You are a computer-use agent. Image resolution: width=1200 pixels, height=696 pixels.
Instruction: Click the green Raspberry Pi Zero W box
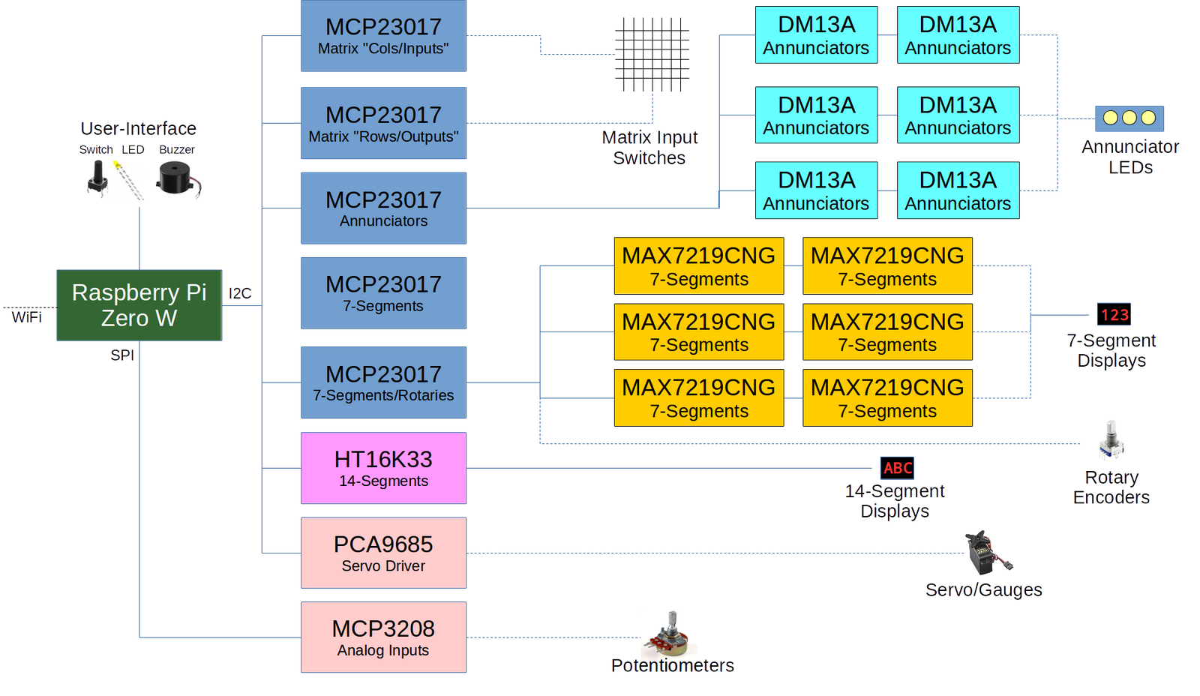point(139,305)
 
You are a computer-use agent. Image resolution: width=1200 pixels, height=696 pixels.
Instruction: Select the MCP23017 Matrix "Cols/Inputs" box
point(383,36)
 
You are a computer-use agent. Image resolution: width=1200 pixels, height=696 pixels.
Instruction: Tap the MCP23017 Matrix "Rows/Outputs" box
point(383,123)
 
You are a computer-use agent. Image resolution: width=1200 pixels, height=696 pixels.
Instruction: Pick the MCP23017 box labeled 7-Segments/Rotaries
point(383,382)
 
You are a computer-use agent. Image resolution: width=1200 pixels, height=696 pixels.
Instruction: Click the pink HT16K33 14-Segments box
point(383,468)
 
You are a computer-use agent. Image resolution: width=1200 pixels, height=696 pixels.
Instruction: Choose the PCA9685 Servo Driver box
point(383,553)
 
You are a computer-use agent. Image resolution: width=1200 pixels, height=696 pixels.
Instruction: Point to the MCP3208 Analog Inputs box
point(383,637)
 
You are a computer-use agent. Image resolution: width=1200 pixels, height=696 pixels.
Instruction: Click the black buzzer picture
point(178,181)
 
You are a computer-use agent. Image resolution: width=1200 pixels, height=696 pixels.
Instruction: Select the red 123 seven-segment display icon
point(1114,314)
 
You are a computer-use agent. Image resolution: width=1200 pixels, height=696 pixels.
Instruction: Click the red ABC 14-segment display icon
point(897,468)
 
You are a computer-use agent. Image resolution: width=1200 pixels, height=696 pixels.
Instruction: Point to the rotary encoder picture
point(1111,442)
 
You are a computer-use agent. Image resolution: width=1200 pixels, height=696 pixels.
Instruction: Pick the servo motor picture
point(989,553)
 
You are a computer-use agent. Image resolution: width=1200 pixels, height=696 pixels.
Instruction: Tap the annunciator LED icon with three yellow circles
point(1129,118)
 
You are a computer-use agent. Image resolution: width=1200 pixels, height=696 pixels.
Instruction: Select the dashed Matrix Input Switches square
point(652,54)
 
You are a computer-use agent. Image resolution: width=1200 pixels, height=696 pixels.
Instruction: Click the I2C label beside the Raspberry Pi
point(240,293)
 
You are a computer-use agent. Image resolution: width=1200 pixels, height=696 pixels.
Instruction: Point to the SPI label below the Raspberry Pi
point(122,355)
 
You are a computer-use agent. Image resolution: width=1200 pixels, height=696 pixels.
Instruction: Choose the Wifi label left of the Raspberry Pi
point(26,316)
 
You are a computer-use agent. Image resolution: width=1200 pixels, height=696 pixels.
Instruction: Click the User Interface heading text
point(139,128)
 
